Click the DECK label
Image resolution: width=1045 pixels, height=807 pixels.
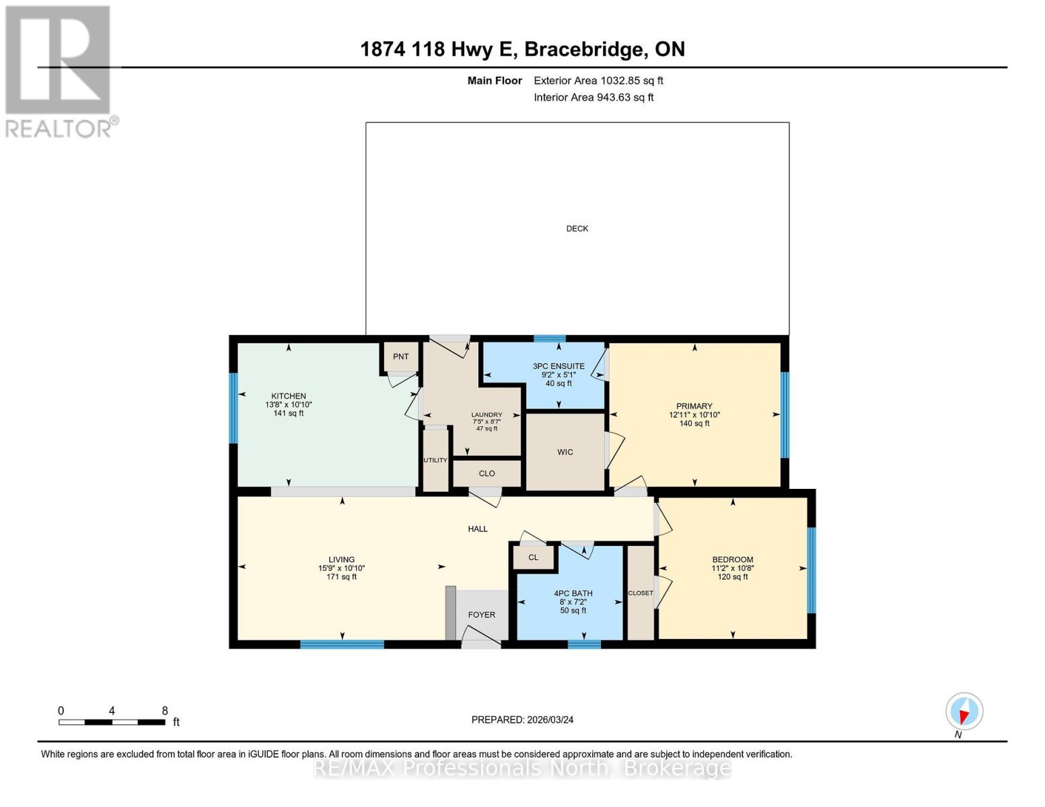(577, 229)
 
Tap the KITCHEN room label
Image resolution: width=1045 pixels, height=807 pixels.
(289, 396)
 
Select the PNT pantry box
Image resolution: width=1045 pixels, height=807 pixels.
(400, 357)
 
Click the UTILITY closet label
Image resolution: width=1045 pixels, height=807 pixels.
(435, 461)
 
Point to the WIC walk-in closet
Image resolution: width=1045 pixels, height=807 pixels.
(565, 452)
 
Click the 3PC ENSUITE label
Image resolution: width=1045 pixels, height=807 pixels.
(558, 367)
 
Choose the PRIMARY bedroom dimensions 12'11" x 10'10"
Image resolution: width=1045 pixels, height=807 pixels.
(694, 415)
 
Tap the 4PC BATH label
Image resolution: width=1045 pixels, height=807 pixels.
(573, 594)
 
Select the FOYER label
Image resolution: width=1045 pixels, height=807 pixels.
(481, 615)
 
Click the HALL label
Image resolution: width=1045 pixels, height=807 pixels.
(478, 529)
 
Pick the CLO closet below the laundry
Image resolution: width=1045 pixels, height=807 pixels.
(487, 473)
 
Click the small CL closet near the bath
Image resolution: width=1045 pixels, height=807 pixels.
(534, 558)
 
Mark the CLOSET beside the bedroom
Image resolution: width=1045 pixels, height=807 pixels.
(640, 593)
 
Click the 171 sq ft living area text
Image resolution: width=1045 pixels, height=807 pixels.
(341, 577)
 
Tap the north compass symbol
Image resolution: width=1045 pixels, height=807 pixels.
(964, 712)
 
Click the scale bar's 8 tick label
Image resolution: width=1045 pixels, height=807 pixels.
(165, 711)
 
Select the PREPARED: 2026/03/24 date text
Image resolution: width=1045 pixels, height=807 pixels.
(522, 720)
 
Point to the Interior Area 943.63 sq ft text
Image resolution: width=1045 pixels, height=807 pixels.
(593, 98)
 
